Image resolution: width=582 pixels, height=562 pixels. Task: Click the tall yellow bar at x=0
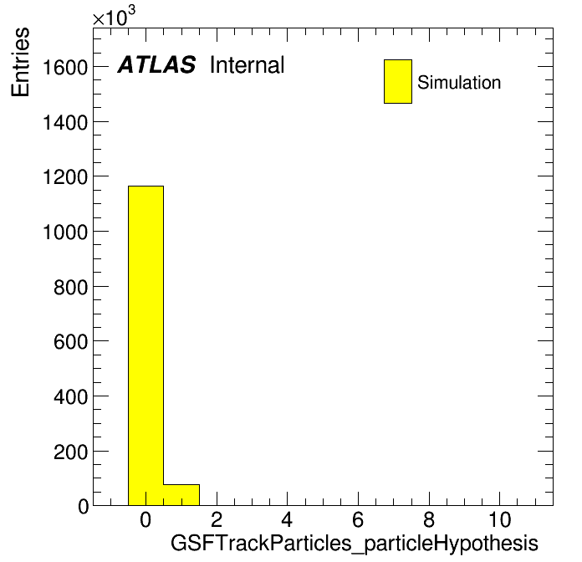(145, 345)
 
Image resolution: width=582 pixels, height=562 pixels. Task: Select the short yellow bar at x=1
(181, 495)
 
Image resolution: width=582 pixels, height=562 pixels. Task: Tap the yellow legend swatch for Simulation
(398, 81)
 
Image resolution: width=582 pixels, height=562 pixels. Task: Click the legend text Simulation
(459, 83)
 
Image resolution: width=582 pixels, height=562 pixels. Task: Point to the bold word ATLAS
(156, 64)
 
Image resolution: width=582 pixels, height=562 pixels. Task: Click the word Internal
(248, 65)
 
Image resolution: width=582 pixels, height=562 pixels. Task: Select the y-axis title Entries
(20, 62)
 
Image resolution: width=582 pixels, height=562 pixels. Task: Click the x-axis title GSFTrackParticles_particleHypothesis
(354, 544)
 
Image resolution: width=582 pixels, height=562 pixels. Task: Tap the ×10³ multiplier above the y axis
(114, 16)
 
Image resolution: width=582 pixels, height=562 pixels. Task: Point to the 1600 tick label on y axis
(65, 68)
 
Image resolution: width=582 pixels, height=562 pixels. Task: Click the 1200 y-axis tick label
(65, 177)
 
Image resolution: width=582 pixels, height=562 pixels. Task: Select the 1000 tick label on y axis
(65, 232)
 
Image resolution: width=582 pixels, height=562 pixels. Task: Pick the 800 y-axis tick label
(70, 288)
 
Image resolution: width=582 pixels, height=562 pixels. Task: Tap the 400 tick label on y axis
(70, 396)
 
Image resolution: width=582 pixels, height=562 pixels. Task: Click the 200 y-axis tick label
(70, 452)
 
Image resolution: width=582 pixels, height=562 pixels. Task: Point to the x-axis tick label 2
(217, 519)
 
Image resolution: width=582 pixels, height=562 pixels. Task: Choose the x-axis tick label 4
(287, 519)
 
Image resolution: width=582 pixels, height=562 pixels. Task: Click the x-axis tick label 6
(358, 519)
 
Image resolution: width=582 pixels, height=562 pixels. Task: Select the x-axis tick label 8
(429, 519)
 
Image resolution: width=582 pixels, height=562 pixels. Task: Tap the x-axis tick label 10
(499, 519)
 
